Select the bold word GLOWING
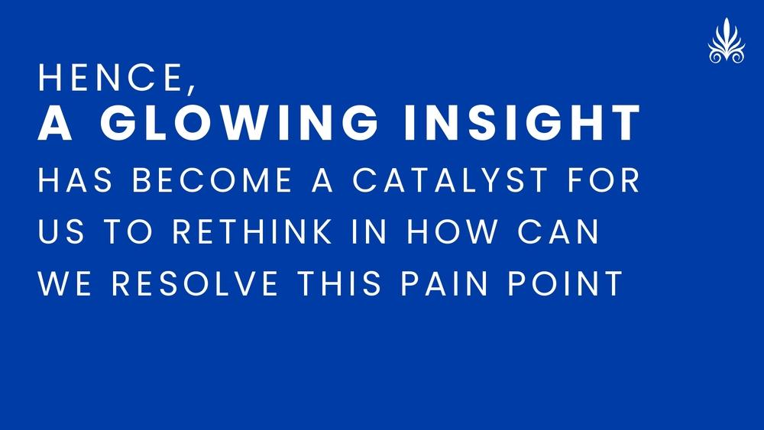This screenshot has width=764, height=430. (x=239, y=122)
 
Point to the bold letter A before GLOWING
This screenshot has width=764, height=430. (x=55, y=122)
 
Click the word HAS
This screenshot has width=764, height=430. (x=76, y=179)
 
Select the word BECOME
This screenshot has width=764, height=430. (x=212, y=179)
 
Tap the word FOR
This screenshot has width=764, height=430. (x=604, y=179)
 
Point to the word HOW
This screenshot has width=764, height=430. (x=452, y=231)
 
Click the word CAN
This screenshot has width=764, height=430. (x=558, y=231)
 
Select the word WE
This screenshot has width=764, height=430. (x=65, y=283)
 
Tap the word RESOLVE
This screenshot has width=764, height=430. (x=195, y=283)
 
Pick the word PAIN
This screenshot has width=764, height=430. (x=444, y=283)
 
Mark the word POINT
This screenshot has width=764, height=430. (x=565, y=283)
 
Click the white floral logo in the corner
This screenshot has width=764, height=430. (x=727, y=41)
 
